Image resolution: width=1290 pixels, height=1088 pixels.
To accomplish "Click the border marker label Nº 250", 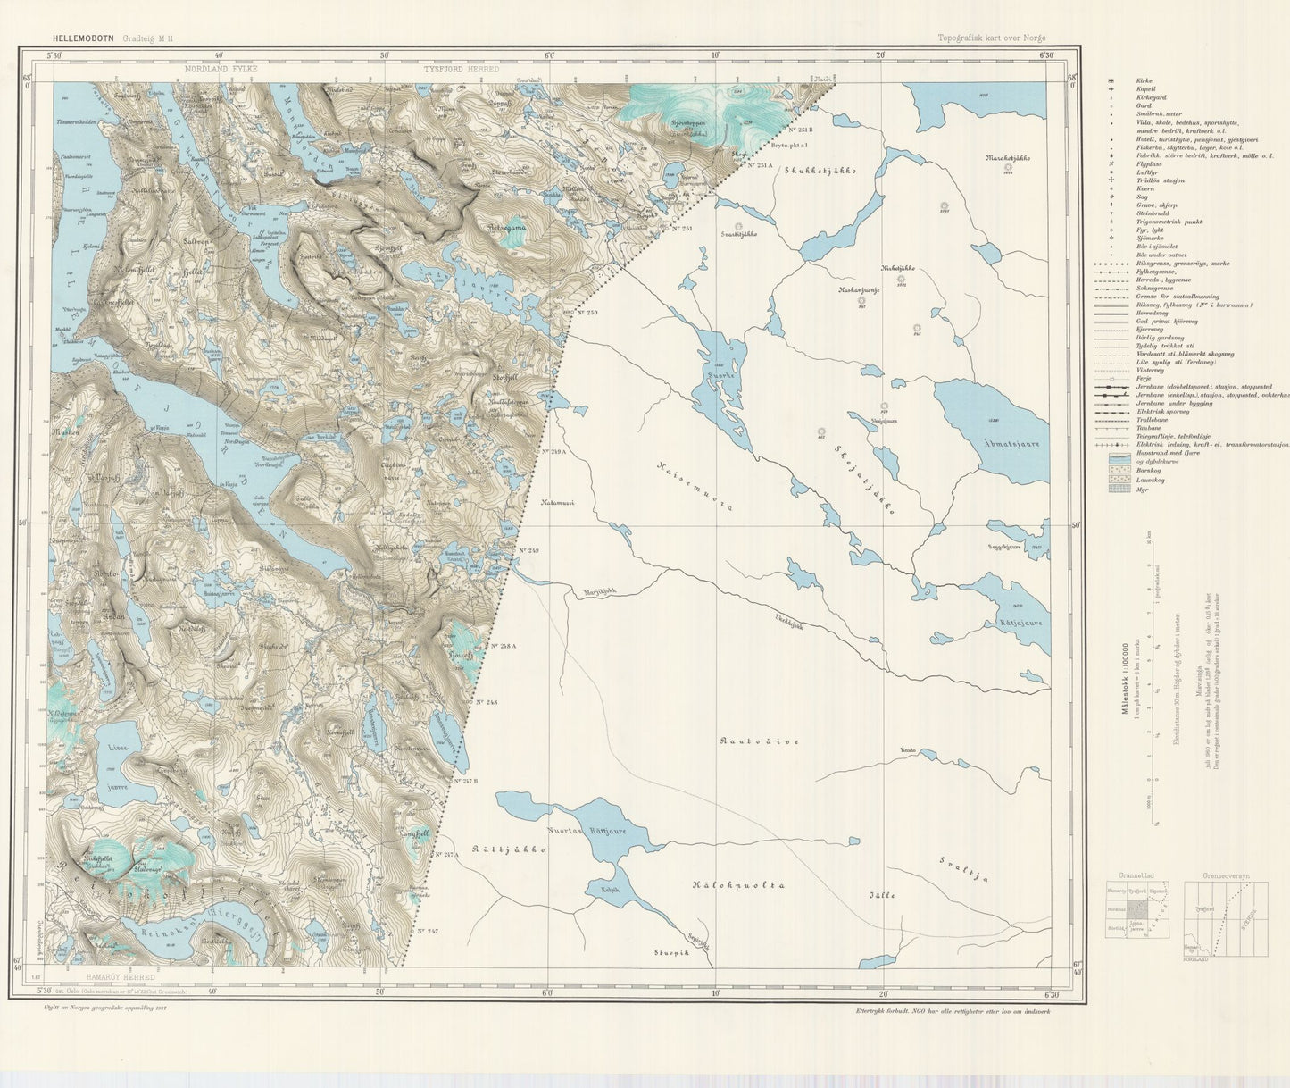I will [587, 312].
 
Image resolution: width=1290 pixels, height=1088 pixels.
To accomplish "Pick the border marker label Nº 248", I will [485, 702].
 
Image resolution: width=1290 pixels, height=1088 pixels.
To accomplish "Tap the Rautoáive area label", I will [759, 741].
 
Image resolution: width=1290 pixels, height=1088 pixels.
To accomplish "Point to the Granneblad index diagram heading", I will [1126, 876].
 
